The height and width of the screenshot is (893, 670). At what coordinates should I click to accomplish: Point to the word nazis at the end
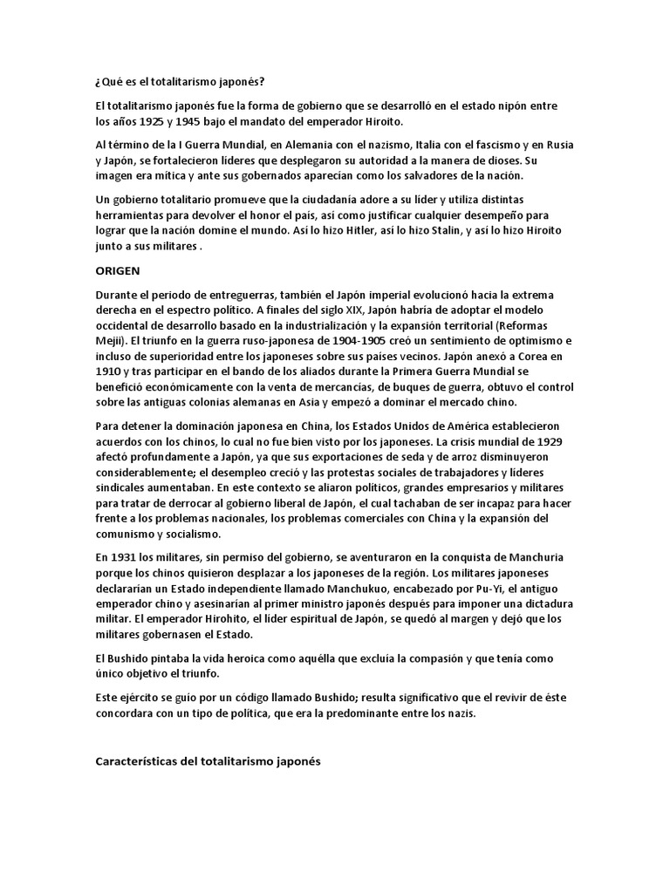click(x=500, y=713)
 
